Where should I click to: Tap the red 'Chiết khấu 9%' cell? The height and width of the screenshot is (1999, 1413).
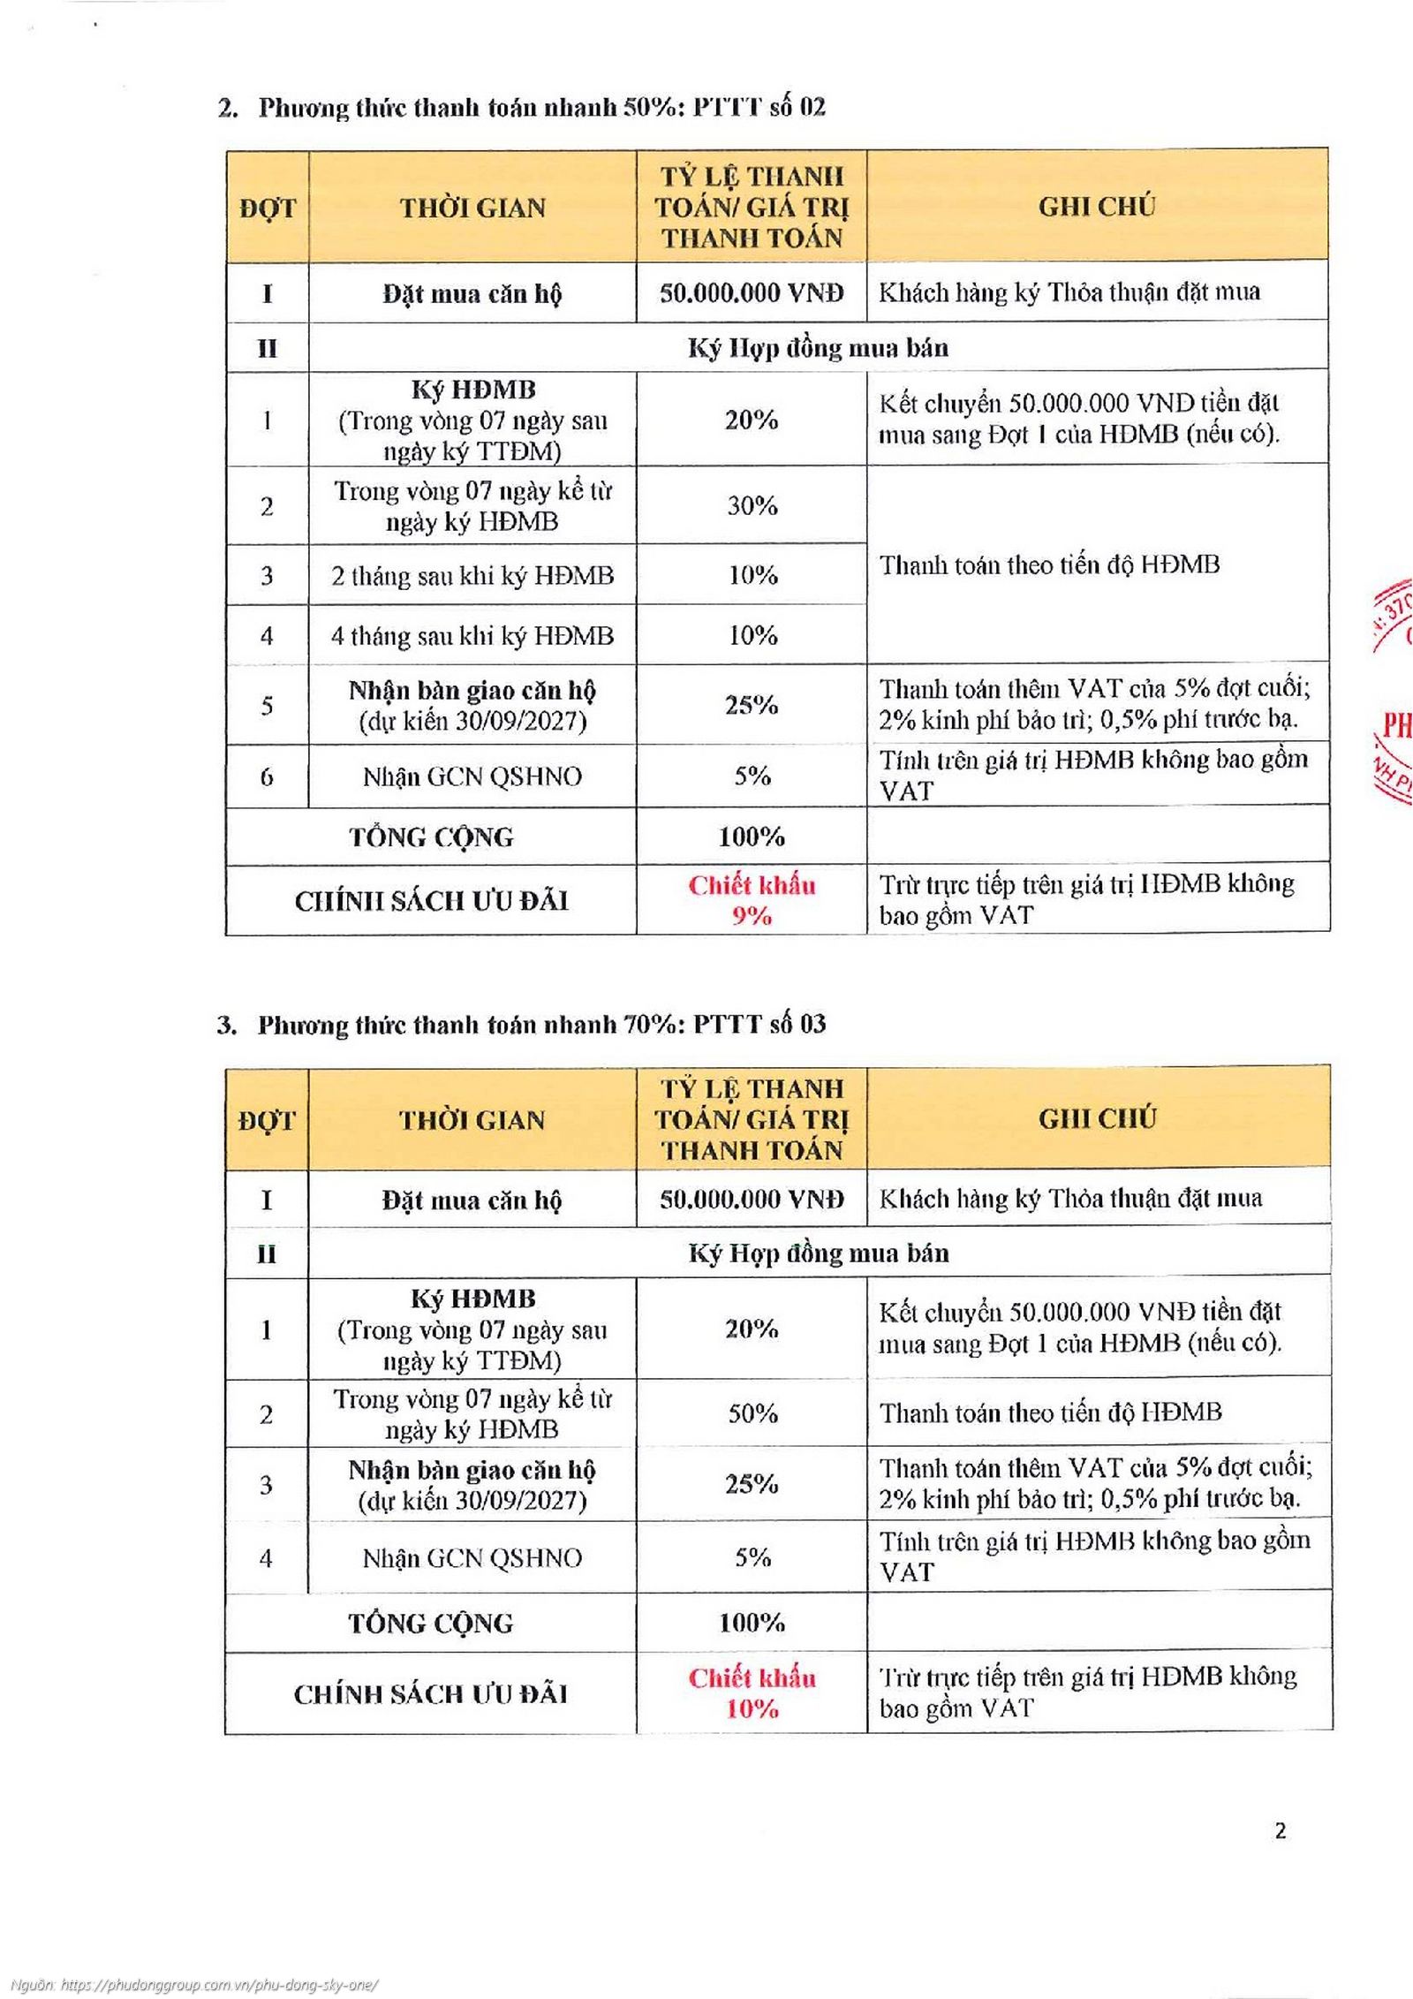[752, 900]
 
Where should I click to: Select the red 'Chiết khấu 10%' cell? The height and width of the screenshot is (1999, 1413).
[752, 1693]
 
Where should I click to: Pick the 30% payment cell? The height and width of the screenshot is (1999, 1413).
[752, 505]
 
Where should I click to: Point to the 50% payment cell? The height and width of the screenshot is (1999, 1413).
[752, 1413]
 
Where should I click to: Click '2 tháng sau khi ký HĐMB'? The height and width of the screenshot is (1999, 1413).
[472, 576]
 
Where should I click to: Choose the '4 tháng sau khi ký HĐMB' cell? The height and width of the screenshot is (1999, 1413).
[472, 636]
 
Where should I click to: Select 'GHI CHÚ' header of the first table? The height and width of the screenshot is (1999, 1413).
[1097, 207]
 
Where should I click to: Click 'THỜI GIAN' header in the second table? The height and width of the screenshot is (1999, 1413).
[472, 1120]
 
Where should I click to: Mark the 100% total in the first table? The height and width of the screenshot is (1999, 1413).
[752, 837]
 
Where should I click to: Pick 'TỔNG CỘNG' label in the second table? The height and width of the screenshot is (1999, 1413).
[431, 1623]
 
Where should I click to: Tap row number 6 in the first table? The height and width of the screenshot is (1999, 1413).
[267, 776]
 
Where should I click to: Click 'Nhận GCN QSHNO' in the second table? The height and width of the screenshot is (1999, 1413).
[472, 1557]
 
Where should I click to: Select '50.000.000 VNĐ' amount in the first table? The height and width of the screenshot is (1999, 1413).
[752, 293]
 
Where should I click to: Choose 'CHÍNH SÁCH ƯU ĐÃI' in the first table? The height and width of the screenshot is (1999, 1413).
[431, 901]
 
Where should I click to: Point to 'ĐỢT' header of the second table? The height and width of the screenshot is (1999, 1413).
[267, 1120]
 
